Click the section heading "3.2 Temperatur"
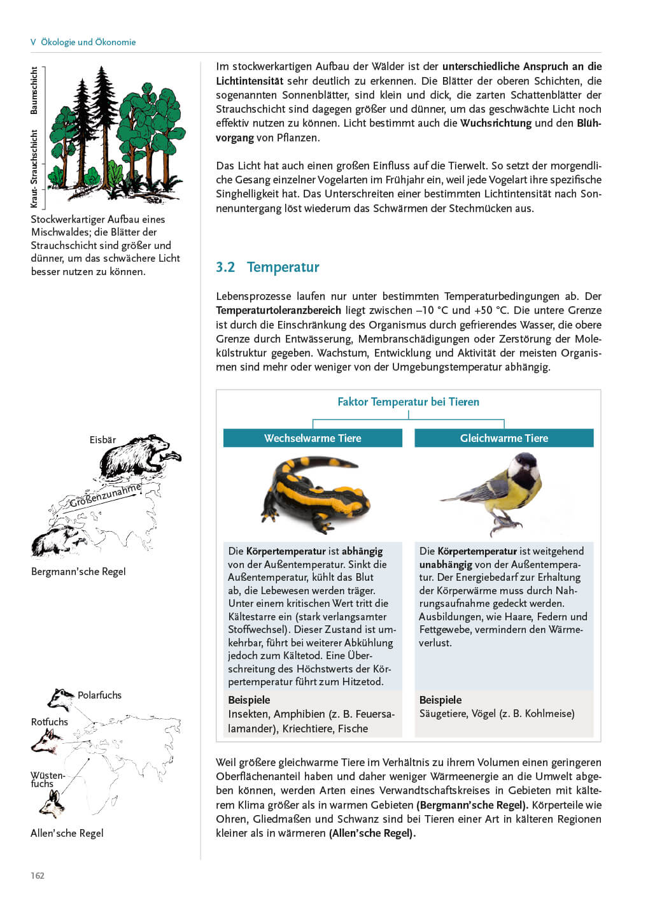(x=267, y=267)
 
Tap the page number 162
(x=38, y=876)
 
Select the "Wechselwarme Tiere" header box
(x=313, y=438)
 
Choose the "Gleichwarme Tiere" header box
(x=504, y=438)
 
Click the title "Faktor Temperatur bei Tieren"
(x=408, y=402)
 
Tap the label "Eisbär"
(x=102, y=440)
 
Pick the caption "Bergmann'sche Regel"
(x=78, y=571)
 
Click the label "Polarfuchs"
(x=99, y=695)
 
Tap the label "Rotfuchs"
(x=50, y=722)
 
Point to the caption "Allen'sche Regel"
(x=67, y=833)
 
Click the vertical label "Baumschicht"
(x=34, y=91)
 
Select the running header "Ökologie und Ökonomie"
(x=88, y=42)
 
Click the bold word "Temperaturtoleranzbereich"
(x=279, y=311)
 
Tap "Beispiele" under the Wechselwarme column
(x=249, y=700)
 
